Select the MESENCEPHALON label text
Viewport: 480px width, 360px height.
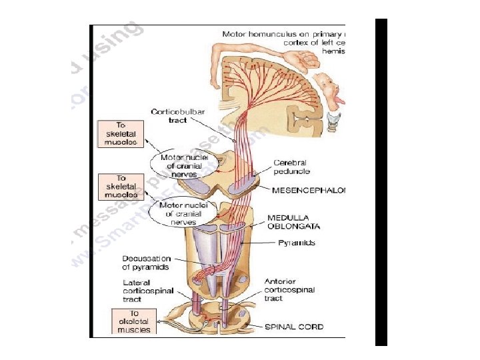click(x=309, y=190)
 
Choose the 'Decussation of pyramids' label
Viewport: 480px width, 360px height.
click(x=146, y=263)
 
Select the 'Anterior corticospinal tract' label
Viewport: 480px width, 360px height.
click(x=289, y=290)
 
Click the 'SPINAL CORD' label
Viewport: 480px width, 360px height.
click(x=294, y=327)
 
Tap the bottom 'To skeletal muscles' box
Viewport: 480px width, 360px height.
click(x=134, y=321)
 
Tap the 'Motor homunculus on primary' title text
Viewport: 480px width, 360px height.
click(x=283, y=33)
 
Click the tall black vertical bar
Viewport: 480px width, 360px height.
click(x=381, y=181)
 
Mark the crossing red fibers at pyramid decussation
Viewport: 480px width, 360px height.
click(x=209, y=271)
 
